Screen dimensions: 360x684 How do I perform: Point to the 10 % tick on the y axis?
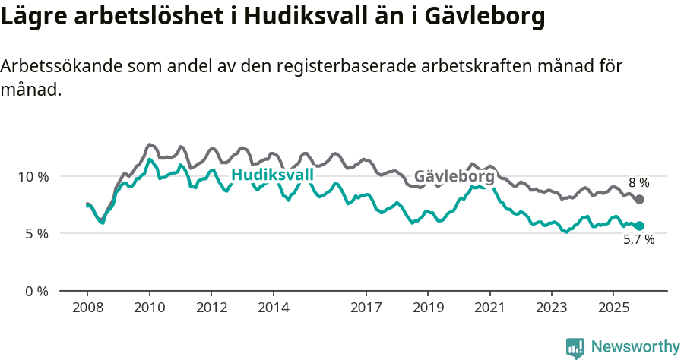(x=33, y=176)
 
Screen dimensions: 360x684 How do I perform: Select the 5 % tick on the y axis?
(x=36, y=234)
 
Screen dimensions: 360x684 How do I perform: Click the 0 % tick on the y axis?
(x=36, y=291)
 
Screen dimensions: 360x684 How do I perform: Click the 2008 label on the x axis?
(x=87, y=308)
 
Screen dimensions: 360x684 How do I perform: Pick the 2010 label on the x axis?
(x=149, y=308)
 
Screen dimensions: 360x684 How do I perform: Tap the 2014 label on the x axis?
(x=273, y=308)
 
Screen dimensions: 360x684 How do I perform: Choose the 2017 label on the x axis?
(x=366, y=308)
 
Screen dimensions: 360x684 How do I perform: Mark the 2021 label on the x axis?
(x=489, y=308)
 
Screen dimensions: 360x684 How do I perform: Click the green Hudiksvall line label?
(x=272, y=175)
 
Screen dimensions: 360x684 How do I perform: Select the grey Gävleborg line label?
(x=454, y=177)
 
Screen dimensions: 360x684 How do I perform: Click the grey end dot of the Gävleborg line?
(x=639, y=199)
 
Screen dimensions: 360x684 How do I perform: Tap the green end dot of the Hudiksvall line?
(x=639, y=226)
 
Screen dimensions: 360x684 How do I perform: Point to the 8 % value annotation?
(x=638, y=183)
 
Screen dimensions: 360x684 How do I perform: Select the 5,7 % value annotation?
(x=638, y=240)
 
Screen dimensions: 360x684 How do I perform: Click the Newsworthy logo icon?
(x=575, y=348)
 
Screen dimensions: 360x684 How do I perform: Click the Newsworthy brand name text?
(x=635, y=347)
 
